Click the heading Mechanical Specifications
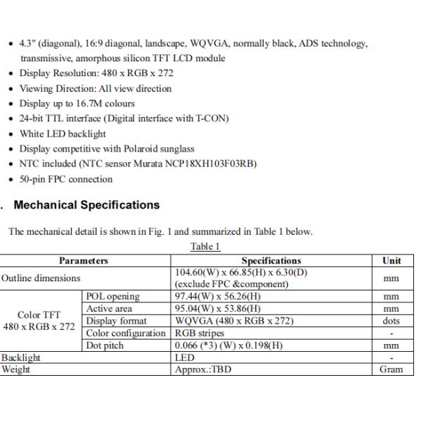pos(87,205)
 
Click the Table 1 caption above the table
pos(205,246)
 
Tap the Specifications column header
pos(271,260)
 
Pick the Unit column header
pos(391,260)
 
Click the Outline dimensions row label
pos(40,278)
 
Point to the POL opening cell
pos(113,297)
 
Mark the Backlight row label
pos(20,357)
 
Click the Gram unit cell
pos(391,369)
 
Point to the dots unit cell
pos(391,321)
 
